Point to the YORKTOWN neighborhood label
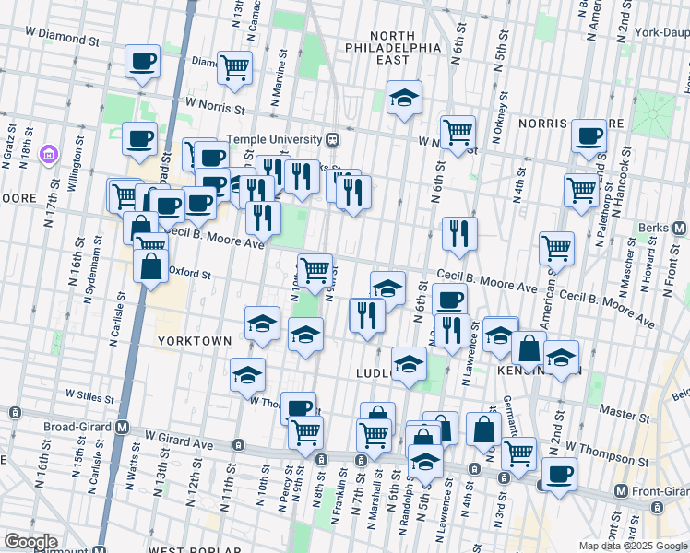coord(195,340)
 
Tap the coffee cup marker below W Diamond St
coord(141,64)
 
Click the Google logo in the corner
coord(30,542)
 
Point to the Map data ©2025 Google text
coord(632,546)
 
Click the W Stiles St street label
coord(89,395)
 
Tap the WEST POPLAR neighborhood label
coord(184,547)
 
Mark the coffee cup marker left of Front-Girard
coord(558,476)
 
